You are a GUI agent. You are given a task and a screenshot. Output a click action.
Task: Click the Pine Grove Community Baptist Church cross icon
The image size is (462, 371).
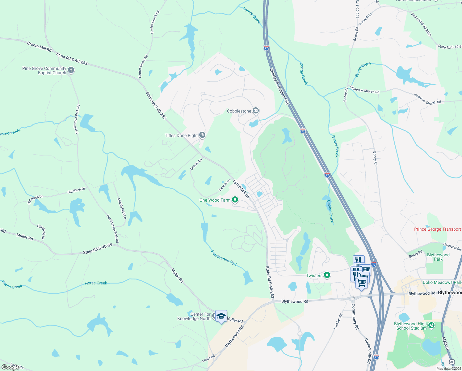71,70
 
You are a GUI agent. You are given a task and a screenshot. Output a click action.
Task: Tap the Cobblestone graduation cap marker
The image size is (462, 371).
255,111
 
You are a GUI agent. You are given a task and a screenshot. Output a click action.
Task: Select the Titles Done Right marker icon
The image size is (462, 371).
202,135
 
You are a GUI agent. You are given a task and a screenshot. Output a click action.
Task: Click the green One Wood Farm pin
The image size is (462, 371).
235,200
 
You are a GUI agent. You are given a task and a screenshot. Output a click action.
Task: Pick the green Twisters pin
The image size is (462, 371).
327,275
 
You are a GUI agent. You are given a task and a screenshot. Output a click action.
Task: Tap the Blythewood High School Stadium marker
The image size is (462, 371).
431,325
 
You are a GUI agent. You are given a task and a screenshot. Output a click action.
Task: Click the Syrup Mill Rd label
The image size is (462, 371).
241,189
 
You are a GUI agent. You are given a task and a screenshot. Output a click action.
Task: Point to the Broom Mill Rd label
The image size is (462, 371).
39,47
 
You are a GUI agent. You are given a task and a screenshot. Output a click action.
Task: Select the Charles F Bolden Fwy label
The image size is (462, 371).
279,87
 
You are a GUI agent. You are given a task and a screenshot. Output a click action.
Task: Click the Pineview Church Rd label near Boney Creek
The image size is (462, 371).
364,90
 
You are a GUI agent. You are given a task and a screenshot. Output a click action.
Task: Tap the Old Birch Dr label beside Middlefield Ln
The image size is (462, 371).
76,190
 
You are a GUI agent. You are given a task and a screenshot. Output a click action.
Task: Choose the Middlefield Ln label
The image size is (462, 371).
122,209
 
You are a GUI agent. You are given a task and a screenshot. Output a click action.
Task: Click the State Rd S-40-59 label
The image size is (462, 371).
98,249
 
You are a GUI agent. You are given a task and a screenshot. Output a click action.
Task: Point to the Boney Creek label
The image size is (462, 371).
363,69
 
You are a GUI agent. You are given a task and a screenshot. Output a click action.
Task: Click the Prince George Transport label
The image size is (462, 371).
438,229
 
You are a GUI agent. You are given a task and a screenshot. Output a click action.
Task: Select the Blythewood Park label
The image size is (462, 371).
438,257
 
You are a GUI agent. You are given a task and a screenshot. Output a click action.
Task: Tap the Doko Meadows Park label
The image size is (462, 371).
442,282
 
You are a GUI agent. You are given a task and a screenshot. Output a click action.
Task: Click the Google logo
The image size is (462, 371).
10,367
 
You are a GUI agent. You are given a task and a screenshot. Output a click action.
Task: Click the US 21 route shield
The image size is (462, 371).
452,361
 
